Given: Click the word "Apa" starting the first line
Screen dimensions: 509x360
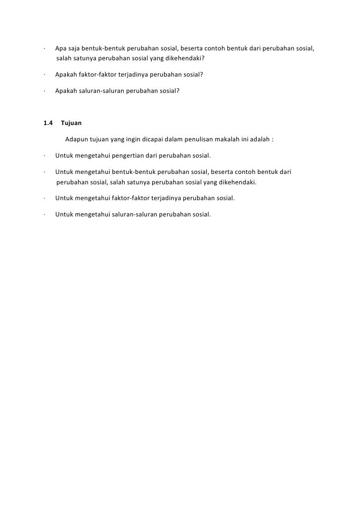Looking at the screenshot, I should (61, 49).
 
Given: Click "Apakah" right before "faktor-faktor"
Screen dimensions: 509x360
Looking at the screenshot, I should (66, 75).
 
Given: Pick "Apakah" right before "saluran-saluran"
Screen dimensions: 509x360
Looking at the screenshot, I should (66, 91).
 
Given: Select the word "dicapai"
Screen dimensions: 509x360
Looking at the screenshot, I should (156, 139).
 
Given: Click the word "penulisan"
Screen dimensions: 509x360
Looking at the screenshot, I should (203, 139).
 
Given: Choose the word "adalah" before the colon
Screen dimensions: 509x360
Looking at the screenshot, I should (260, 139).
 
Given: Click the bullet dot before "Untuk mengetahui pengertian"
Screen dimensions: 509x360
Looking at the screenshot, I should (44, 156).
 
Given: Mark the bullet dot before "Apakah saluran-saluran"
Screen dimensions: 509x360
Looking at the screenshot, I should (44, 91).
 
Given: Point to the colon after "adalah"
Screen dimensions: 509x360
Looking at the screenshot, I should (272, 139).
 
